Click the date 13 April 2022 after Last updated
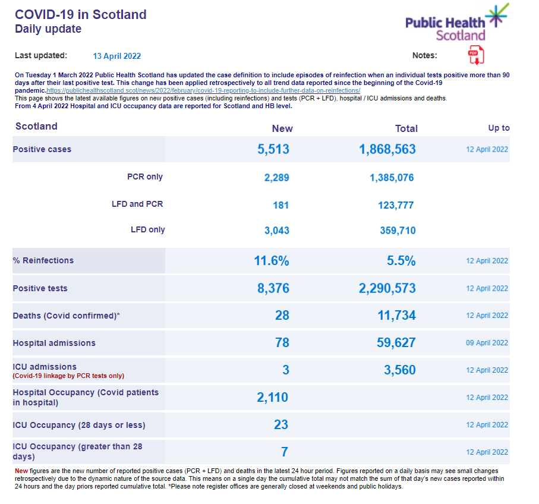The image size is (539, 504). point(117,56)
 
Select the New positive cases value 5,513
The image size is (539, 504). point(273,149)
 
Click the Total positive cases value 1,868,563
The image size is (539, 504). point(387,149)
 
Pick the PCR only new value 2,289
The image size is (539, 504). point(276,177)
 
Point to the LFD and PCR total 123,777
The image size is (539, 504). point(396,205)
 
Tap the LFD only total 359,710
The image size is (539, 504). point(398,231)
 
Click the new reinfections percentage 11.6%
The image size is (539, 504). point(272,260)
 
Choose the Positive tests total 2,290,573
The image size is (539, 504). point(387,288)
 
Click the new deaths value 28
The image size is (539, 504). point(282,316)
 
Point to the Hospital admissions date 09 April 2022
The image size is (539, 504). point(487,343)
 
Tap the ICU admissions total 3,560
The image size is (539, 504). point(399,370)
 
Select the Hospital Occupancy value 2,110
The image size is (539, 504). point(273,397)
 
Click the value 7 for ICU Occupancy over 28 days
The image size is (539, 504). point(285,452)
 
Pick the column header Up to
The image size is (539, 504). point(499,128)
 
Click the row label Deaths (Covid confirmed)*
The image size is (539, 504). point(67,316)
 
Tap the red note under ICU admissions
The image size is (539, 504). point(68,376)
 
